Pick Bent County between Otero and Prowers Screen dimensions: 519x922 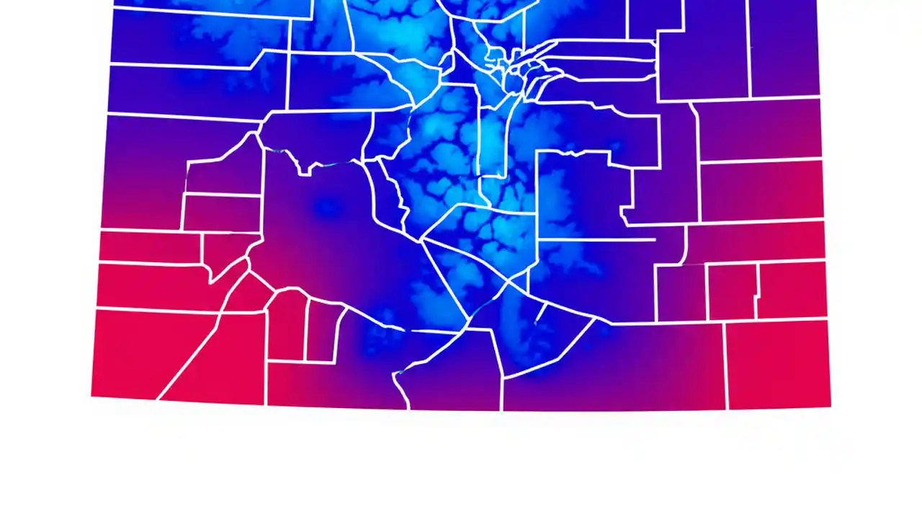tap(732, 291)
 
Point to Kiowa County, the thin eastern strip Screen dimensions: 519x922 tap(756, 241)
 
